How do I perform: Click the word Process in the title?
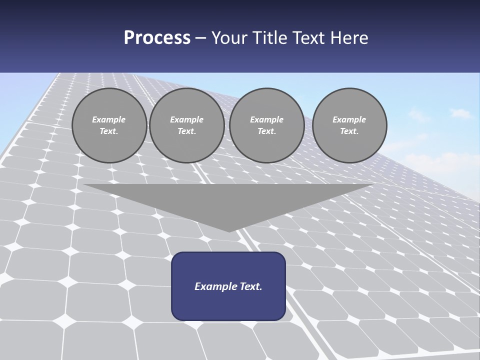tap(157, 38)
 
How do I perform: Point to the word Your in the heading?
tap(230, 38)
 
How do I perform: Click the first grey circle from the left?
tap(109, 125)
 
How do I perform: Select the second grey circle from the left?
tap(186, 125)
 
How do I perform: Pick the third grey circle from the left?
tap(266, 125)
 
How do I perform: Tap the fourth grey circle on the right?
tap(349, 125)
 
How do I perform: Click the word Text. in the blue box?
tap(250, 286)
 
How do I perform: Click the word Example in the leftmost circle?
tap(109, 119)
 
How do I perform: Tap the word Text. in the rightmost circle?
tap(349, 131)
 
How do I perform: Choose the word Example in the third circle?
tap(266, 119)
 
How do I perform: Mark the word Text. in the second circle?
tap(186, 131)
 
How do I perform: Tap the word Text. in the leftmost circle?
tap(109, 131)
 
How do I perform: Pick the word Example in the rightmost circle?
tap(349, 119)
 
